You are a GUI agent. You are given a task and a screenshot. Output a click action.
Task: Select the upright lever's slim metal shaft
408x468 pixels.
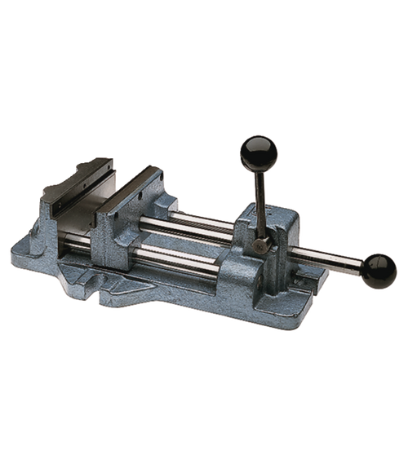[259, 200]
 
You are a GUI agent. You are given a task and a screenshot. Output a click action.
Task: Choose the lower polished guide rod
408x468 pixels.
[175, 258]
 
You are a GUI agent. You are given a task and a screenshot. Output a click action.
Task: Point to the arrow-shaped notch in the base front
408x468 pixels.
[122, 286]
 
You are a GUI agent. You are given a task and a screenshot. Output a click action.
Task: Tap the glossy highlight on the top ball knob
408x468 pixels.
[252, 146]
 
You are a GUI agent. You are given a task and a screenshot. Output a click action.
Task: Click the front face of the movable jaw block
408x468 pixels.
[110, 245]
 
